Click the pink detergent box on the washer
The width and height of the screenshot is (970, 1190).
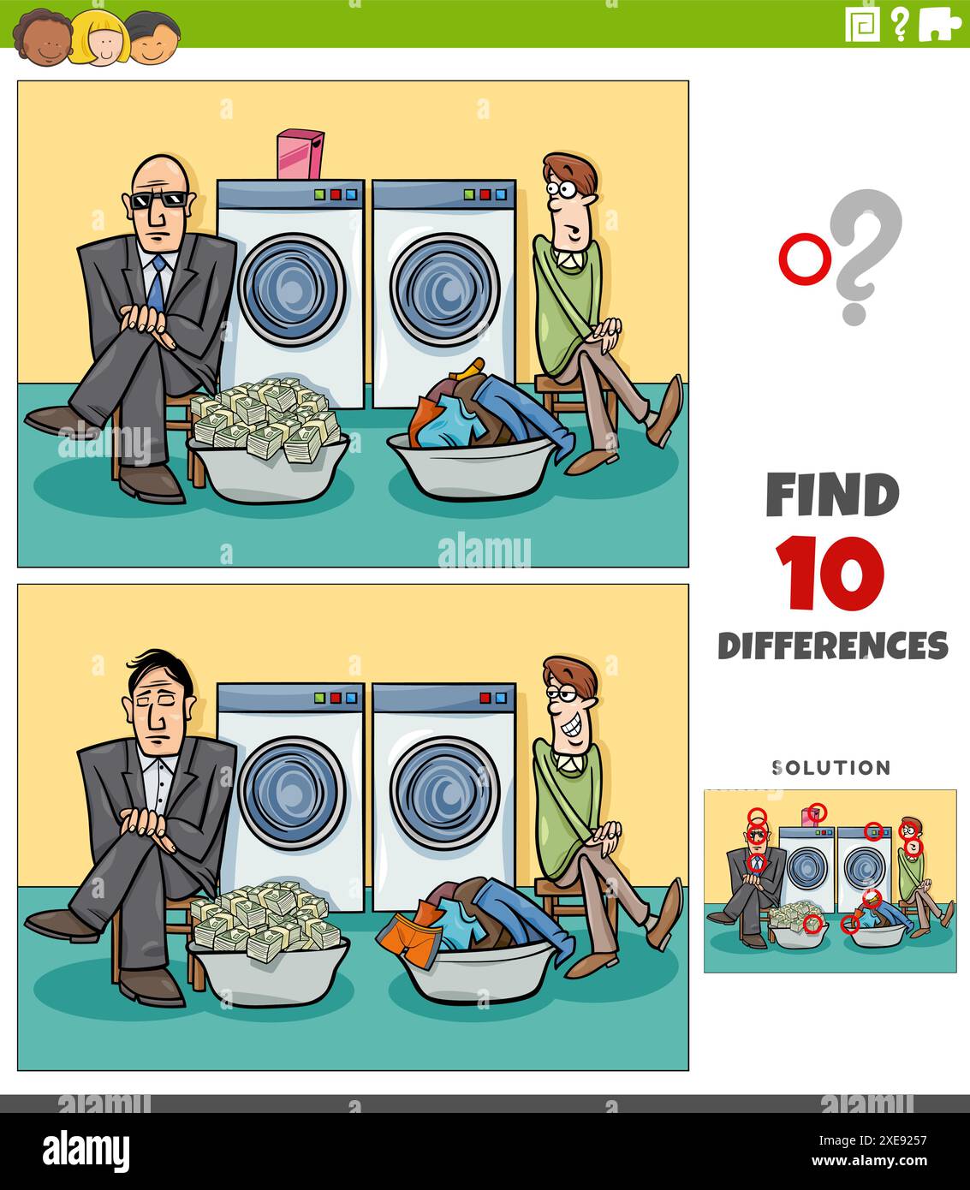300,154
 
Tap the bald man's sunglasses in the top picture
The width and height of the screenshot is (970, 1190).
158,200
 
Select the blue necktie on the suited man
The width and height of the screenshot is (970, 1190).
156,286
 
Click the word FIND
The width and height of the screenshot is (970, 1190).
831,495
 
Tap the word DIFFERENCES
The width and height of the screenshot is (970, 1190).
832,645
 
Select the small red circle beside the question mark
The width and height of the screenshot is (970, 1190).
800,260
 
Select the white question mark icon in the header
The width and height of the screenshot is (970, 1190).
899,25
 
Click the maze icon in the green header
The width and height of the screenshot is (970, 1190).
862,25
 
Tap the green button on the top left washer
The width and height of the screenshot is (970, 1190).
319,194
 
